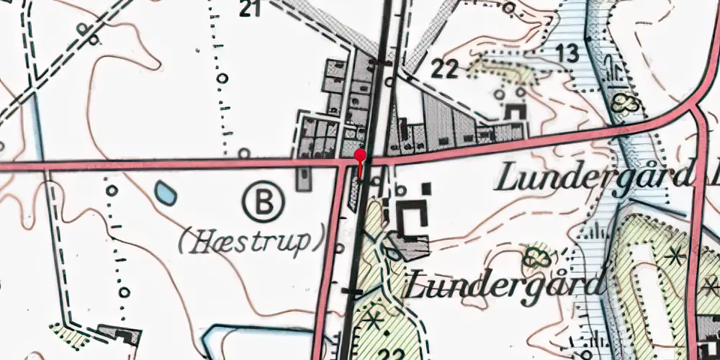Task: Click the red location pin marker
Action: [x=361, y=153]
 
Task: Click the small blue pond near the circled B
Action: [x=165, y=192]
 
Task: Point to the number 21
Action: [x=249, y=9]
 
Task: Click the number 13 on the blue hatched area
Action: [x=567, y=53]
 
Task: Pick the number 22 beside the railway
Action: [x=445, y=69]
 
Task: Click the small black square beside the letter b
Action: [x=427, y=189]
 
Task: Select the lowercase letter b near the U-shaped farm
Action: [x=402, y=192]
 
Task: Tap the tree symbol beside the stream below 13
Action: [x=625, y=104]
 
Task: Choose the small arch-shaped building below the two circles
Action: [x=515, y=112]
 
